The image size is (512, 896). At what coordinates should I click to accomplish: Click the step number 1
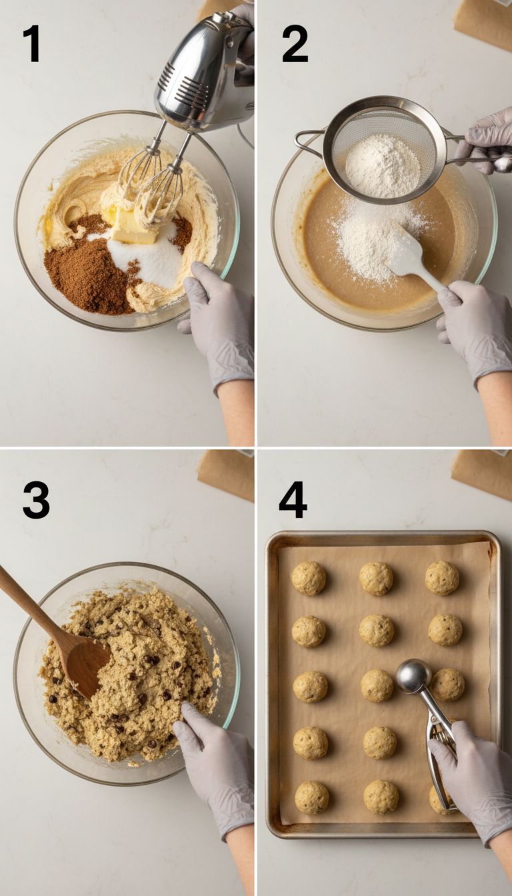[x=31, y=44]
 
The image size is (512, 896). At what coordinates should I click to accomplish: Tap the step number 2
[x=294, y=44]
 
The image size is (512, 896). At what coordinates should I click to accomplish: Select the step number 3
[x=36, y=499]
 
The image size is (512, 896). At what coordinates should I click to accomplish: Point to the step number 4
[x=293, y=499]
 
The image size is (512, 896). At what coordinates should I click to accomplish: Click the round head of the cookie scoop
[x=413, y=676]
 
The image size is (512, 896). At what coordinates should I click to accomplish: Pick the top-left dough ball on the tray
[x=309, y=578]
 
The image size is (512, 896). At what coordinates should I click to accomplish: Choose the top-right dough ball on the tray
[x=442, y=577]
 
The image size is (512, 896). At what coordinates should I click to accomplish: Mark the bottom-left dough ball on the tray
[x=312, y=797]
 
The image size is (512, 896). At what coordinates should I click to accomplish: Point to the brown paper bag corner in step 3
[x=227, y=474]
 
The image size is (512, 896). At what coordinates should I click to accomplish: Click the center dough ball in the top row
[x=376, y=578]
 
